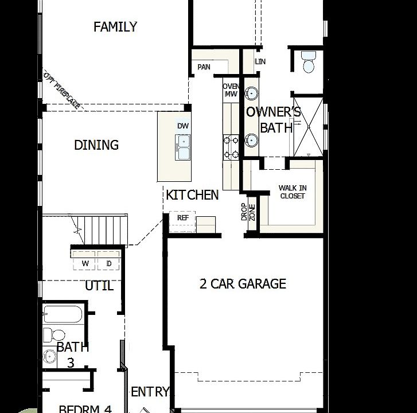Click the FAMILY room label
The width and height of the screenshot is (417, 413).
115,27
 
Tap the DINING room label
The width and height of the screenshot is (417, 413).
96,145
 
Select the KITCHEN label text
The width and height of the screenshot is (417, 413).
192,195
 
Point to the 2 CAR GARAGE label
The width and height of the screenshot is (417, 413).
243,284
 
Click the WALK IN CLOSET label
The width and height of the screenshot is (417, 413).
292,192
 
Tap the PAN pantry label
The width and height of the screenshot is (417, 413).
204,67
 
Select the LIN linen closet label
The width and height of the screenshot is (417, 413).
260,61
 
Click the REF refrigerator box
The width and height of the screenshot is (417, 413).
183,218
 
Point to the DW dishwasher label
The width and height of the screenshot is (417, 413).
182,126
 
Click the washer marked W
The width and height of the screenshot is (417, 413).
85,263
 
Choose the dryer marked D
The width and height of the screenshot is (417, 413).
109,263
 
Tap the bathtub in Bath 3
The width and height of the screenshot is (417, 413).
63,315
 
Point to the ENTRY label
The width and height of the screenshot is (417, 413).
150,392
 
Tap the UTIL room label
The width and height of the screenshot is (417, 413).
99,286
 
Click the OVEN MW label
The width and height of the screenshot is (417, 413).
231,90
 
